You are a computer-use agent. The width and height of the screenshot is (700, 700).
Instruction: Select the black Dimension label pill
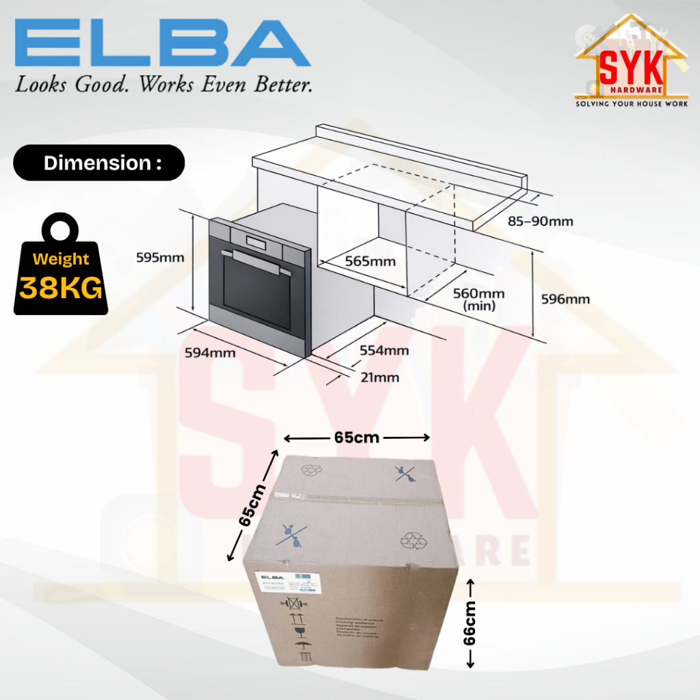99,163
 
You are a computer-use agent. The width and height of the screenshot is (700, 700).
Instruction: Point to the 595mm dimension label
161,257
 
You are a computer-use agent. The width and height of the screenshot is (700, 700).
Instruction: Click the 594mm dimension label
210,353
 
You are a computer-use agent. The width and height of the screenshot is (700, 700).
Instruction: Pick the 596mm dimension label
565,299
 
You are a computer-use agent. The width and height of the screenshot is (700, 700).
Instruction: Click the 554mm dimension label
384,351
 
